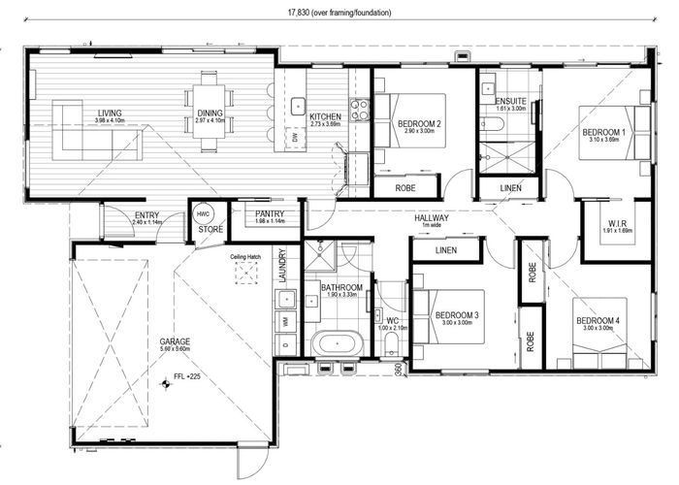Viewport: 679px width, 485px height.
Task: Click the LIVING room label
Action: [x=109, y=113]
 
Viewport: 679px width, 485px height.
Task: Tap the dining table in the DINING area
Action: [x=210, y=113]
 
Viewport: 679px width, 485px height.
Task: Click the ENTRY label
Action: [x=146, y=215]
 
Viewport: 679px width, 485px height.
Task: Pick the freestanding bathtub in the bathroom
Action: [x=335, y=342]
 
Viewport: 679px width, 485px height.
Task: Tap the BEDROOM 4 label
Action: [x=598, y=321]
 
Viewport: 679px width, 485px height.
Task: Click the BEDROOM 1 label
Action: [x=603, y=131]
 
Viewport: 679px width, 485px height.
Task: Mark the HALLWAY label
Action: [x=430, y=218]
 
